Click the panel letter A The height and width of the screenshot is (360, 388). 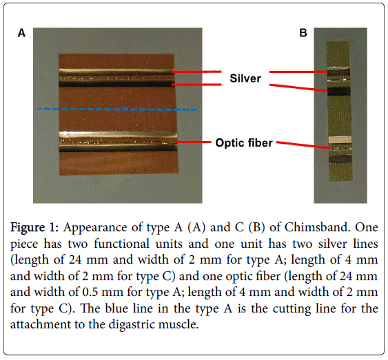[x=21, y=33]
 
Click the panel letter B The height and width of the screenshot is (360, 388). [x=303, y=33]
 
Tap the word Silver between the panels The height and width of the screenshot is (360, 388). [x=245, y=78]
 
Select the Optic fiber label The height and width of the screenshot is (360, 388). [x=244, y=142]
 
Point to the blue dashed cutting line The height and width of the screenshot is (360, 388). [x=118, y=109]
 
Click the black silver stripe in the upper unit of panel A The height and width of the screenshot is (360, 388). [x=115, y=85]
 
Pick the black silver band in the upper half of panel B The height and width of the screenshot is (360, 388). [x=339, y=92]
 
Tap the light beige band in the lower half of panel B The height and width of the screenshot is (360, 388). [x=340, y=140]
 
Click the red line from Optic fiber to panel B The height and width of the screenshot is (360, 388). [x=303, y=145]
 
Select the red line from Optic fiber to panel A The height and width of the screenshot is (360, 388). [x=192, y=142]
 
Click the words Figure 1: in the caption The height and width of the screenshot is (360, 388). [x=34, y=227]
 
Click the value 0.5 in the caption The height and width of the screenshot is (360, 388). [x=90, y=292]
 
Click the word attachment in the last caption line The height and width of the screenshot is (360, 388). [x=41, y=324]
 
